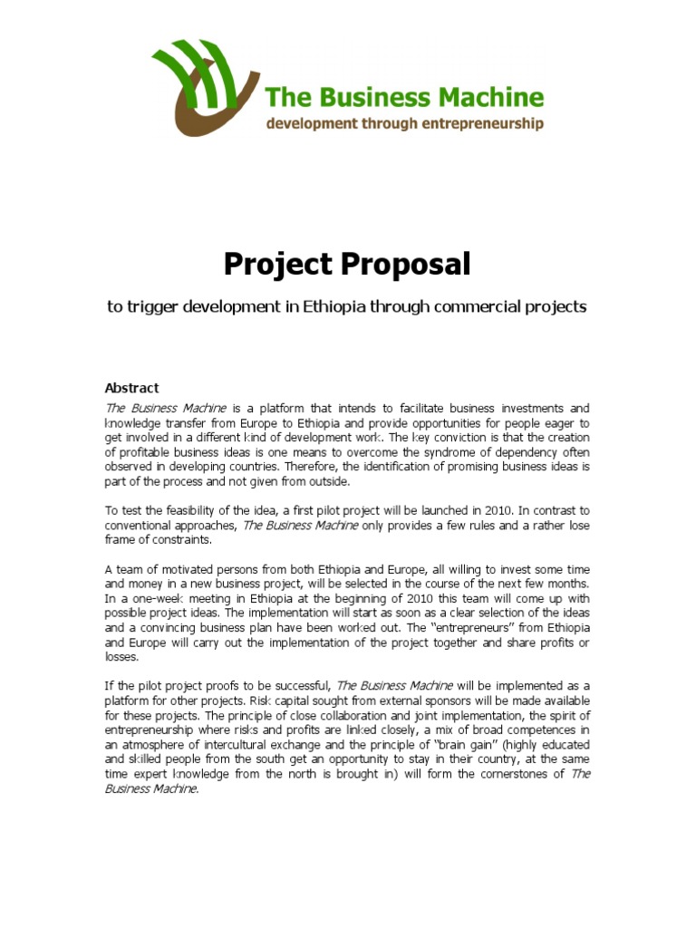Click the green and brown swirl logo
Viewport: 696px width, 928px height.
click(205, 86)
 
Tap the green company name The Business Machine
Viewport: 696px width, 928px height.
click(404, 97)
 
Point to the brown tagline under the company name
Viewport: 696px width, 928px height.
click(404, 122)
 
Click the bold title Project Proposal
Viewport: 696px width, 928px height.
click(348, 265)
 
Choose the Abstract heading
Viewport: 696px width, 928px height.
click(131, 388)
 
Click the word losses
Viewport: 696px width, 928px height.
click(123, 657)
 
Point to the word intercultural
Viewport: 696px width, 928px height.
click(227, 745)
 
